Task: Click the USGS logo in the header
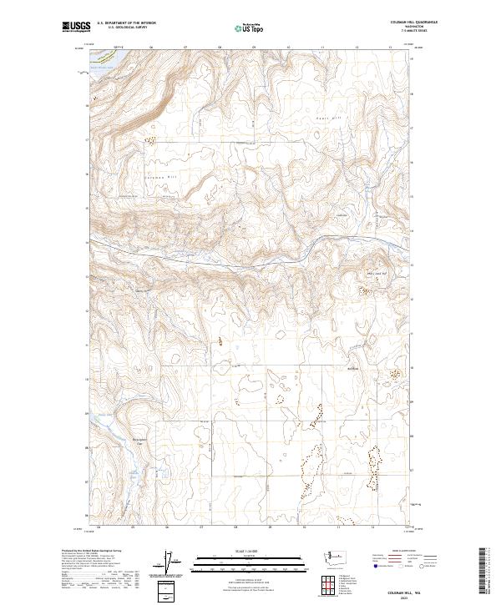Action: pyautogui.click(x=74, y=28)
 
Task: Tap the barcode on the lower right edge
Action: pyautogui.click(x=486, y=567)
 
